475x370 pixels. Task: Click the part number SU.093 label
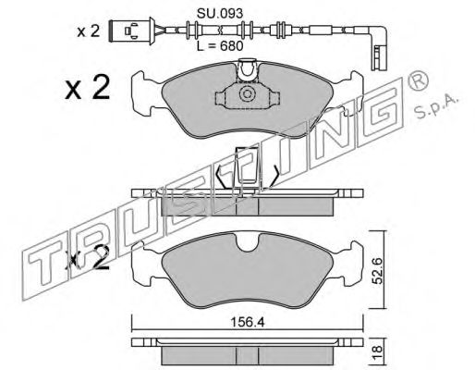click(220, 13)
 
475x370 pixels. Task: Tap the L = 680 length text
click(220, 46)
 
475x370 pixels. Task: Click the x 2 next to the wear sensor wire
click(89, 31)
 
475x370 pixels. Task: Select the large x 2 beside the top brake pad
click(88, 88)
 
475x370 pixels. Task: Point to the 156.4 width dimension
click(248, 323)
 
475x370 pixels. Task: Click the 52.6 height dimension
click(377, 271)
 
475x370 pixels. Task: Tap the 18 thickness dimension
click(377, 351)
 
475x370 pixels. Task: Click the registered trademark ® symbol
click(418, 80)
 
